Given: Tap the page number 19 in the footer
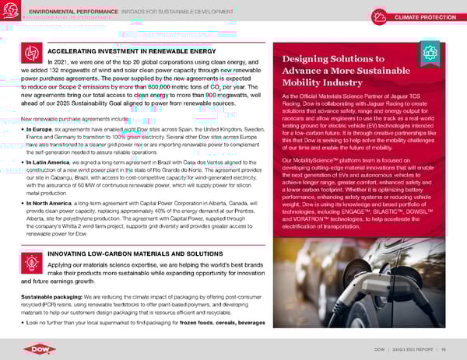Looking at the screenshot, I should click(x=441, y=348).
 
